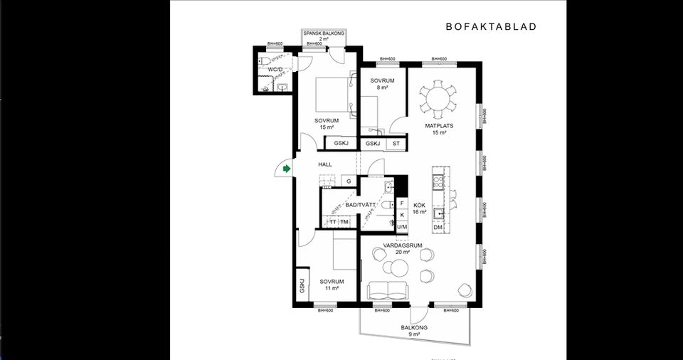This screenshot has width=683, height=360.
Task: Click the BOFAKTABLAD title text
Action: [491, 27]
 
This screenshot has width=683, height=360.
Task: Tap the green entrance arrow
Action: [286, 169]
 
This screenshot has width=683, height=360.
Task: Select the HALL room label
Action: [325, 164]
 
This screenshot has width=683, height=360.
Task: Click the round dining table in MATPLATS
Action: [438, 100]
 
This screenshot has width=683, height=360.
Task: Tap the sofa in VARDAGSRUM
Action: [388, 290]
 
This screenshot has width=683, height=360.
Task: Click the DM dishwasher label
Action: [438, 228]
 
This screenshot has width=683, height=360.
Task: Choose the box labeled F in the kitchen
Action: [402, 203]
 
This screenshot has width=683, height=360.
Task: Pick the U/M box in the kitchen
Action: [402, 226]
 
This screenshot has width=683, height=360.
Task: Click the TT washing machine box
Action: [332, 222]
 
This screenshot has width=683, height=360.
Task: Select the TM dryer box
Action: [344, 222]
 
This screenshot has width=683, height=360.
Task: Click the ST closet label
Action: [396, 144]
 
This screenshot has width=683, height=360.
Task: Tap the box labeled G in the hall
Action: [349, 181]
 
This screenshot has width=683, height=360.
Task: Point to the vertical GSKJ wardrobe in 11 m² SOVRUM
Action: [302, 286]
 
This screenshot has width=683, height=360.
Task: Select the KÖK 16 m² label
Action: [420, 208]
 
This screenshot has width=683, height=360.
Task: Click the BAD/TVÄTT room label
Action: [361, 205]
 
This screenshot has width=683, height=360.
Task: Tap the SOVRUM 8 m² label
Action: [383, 84]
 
